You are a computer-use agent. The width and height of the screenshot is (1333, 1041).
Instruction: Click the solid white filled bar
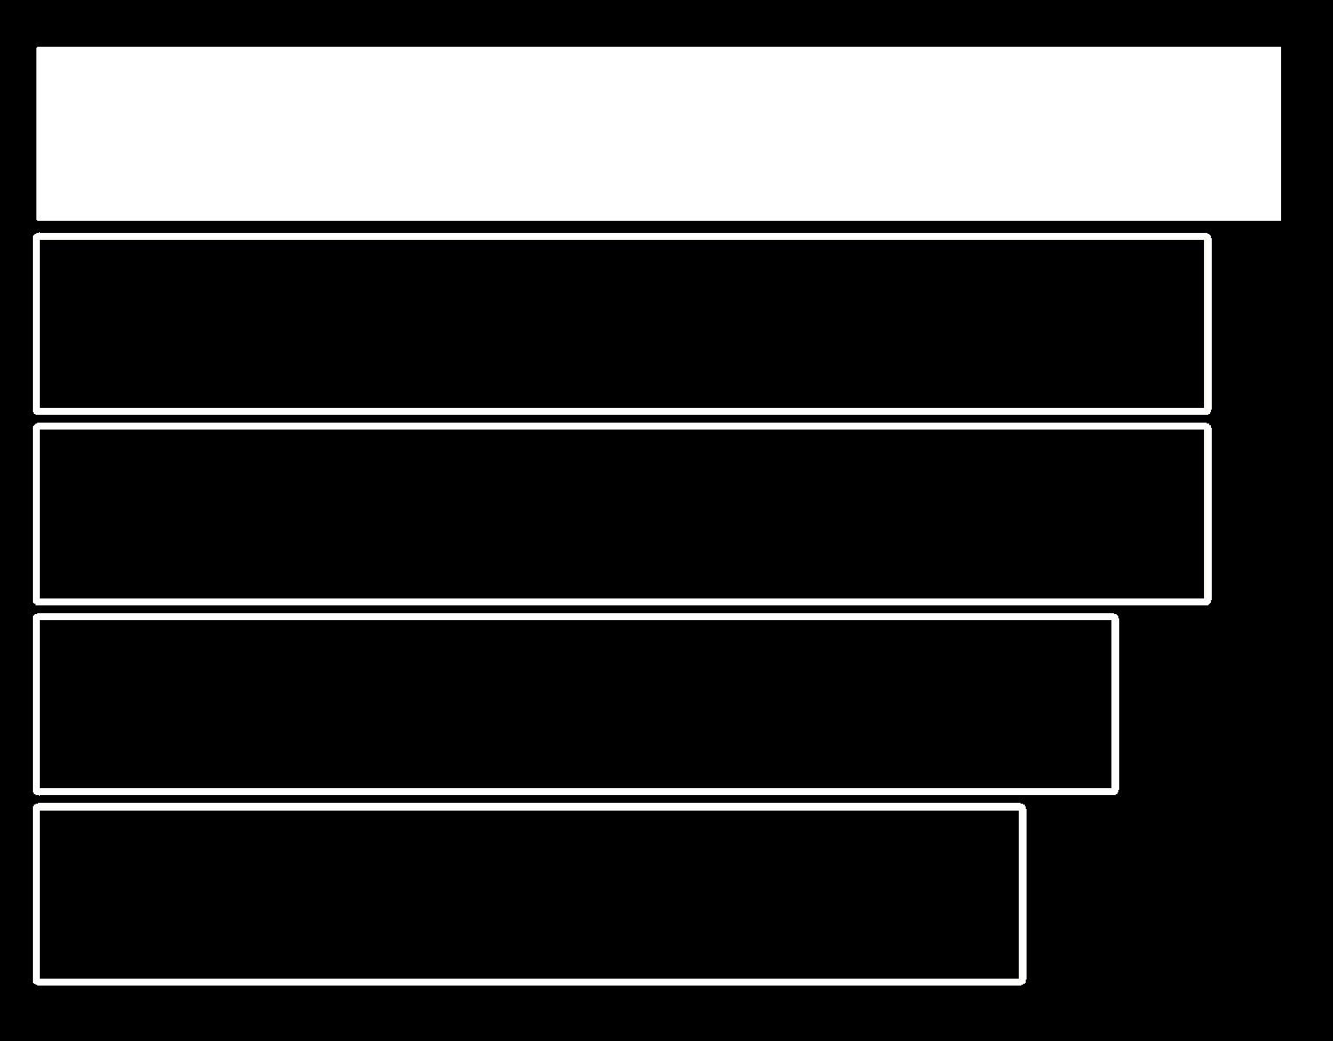pos(658,133)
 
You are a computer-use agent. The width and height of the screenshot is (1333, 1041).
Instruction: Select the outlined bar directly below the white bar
pos(621,323)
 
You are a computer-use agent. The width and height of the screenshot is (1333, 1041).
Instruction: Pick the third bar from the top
pos(621,514)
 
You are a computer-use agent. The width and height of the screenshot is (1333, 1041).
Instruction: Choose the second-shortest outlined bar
pos(576,704)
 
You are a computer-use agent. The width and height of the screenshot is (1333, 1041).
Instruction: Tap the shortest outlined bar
pos(530,895)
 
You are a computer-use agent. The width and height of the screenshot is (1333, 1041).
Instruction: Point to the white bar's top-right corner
pos(1280,48)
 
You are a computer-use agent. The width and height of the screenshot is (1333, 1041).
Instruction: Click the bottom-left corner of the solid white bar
pos(36,220)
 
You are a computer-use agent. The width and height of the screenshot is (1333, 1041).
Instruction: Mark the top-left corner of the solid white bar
pos(36,48)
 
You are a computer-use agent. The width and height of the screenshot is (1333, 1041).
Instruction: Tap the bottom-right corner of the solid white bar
pos(1280,220)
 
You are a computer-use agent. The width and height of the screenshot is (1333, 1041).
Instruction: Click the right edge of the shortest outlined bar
pos(1023,895)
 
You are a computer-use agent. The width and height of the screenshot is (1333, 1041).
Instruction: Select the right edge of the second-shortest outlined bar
pos(1116,704)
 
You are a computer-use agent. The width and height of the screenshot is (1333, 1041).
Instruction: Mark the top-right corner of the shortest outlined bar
pos(1024,806)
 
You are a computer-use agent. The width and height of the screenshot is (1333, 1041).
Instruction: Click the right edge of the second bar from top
pos(1208,323)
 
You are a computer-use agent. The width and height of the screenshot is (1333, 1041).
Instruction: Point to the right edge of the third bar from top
pos(1208,514)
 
